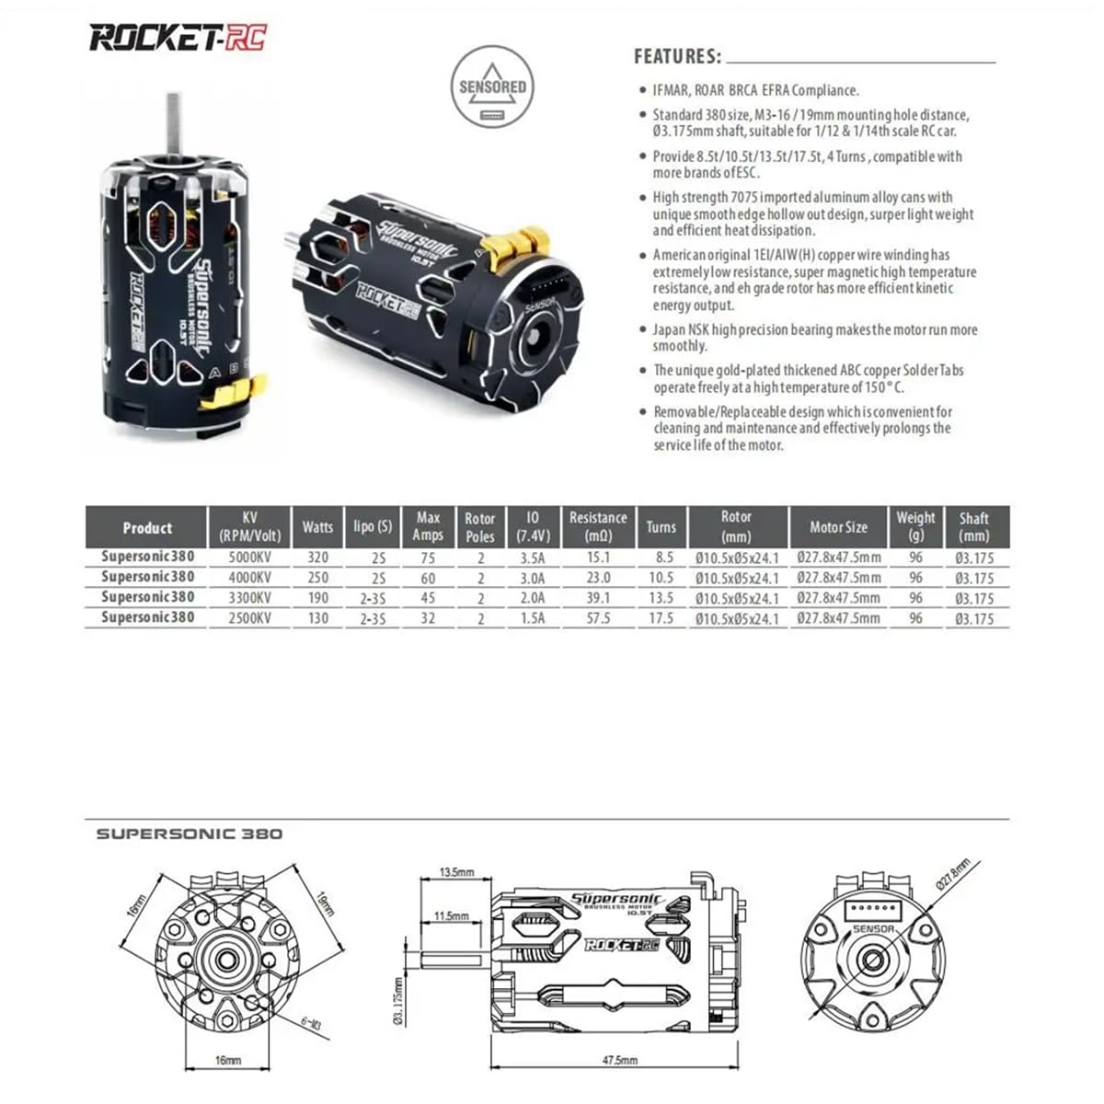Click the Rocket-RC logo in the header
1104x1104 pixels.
click(x=178, y=38)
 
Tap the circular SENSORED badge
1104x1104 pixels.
click(x=492, y=88)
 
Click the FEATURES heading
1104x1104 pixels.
click(x=677, y=57)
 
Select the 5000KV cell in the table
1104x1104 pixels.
click(x=249, y=557)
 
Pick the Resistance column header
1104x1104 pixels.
click(x=598, y=526)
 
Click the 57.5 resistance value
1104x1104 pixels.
click(x=598, y=618)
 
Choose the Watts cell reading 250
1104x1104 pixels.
click(x=317, y=578)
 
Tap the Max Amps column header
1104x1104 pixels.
click(x=428, y=526)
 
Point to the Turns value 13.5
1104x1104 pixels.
click(x=661, y=598)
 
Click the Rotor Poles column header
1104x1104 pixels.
click(x=479, y=527)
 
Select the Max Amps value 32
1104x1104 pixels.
click(x=428, y=618)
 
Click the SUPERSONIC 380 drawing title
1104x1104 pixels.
click(x=190, y=834)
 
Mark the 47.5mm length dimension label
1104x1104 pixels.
click(x=619, y=1061)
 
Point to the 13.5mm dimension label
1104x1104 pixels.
click(x=456, y=872)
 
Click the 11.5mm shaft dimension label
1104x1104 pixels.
click(x=451, y=916)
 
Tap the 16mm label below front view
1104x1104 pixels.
click(x=227, y=1061)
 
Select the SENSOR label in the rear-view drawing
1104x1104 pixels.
click(x=873, y=929)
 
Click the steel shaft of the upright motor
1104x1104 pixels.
click(x=172, y=124)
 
